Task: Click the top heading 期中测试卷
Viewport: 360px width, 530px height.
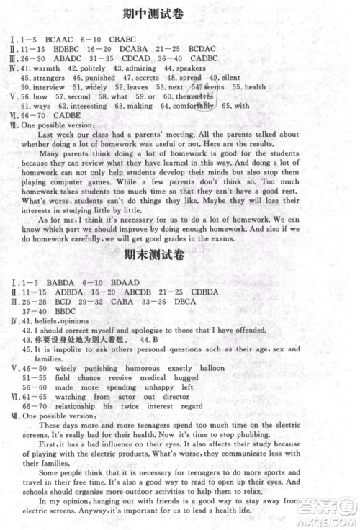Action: coord(180,14)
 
